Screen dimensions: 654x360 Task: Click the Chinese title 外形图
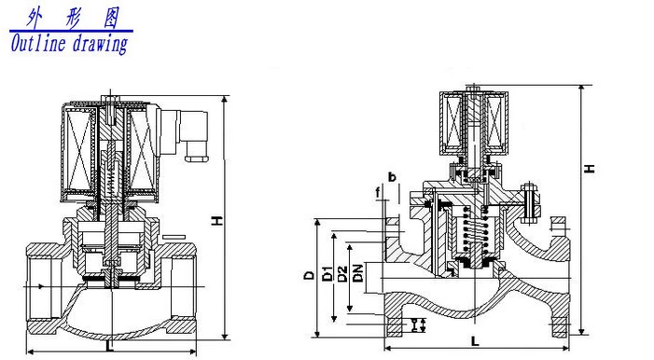click(72, 19)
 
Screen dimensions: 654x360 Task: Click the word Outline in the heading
click(38, 44)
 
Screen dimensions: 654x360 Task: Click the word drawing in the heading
click(100, 44)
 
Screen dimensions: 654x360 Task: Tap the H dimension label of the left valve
click(217, 221)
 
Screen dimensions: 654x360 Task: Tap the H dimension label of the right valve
click(589, 169)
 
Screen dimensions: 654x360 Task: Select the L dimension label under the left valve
click(110, 346)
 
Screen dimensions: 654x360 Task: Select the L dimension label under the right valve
click(475, 340)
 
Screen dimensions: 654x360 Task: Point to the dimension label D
click(309, 275)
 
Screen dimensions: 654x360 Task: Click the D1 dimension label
click(327, 273)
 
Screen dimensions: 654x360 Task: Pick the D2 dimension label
click(342, 273)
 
